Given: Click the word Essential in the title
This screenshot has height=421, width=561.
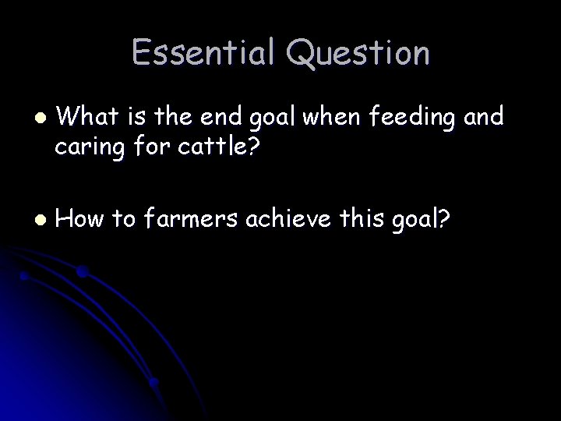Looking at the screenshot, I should pyautogui.click(x=203, y=53).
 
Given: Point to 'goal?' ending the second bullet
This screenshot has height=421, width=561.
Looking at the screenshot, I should pyautogui.click(x=424, y=221).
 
